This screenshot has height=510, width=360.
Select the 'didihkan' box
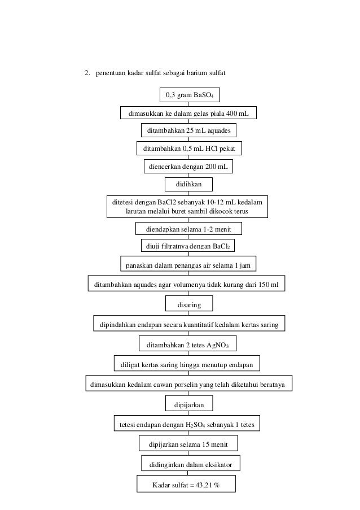(x=189, y=185)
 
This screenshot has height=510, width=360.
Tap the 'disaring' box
(x=189, y=305)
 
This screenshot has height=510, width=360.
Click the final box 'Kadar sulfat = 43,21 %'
(x=186, y=485)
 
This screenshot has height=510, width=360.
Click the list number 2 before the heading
(x=87, y=72)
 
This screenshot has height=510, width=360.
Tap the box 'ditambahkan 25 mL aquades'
(x=188, y=131)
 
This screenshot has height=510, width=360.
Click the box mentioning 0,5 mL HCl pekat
(x=188, y=149)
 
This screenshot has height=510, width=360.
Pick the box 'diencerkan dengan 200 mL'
(x=188, y=167)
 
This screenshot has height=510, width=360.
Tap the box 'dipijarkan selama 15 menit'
(x=188, y=444)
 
